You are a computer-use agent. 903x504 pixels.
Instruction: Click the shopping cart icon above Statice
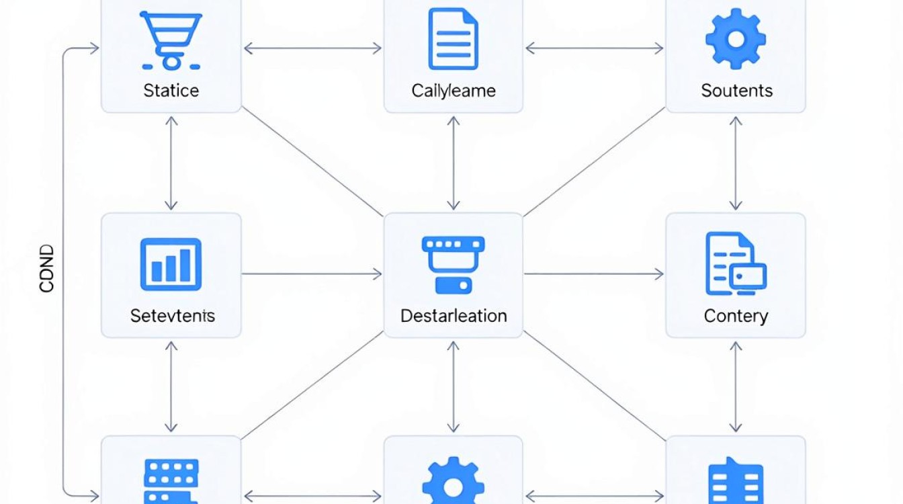click(171, 40)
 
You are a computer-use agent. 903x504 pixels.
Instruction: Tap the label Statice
click(171, 91)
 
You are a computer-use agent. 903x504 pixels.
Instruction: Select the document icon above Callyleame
click(453, 39)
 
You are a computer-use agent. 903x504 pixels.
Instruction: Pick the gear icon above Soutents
click(736, 39)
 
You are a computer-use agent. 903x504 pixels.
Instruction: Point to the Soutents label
click(737, 91)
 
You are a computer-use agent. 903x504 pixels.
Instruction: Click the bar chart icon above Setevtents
click(171, 265)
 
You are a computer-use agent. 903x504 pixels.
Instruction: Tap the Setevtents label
click(173, 316)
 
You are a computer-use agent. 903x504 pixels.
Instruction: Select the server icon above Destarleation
click(453, 265)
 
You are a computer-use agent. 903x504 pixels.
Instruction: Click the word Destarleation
click(454, 316)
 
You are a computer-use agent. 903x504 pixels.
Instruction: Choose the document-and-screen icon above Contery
click(736, 263)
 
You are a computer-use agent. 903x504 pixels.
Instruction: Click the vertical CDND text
click(46, 269)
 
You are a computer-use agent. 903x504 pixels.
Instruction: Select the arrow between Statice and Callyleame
click(313, 48)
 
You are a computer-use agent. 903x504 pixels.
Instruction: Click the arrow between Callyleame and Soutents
click(595, 48)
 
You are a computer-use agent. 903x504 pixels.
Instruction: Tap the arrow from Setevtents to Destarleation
click(312, 274)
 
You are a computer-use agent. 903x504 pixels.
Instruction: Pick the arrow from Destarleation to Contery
click(594, 274)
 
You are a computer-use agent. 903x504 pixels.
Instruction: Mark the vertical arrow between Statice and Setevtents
click(171, 163)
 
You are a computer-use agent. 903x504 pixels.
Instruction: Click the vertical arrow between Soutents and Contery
click(736, 163)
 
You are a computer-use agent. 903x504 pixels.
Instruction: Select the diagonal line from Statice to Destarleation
click(312, 161)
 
